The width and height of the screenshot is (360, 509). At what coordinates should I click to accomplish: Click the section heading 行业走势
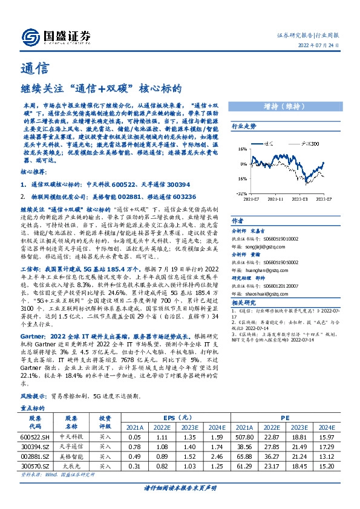244,126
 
